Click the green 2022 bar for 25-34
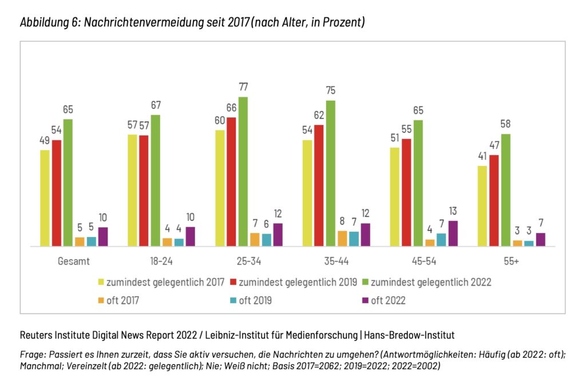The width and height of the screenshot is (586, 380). [x=243, y=172]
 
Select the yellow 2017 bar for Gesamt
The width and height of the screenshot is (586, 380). [x=45, y=198]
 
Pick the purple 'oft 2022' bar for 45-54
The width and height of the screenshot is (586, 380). [x=453, y=233]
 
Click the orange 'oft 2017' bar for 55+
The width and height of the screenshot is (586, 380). [x=517, y=243]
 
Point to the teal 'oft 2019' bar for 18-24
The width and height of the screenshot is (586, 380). [x=179, y=242]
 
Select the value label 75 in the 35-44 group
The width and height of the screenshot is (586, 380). [x=331, y=90]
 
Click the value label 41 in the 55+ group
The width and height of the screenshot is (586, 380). [x=482, y=156]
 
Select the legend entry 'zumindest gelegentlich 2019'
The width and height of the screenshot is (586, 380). [x=297, y=282]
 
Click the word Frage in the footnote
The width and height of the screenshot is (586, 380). [x=31, y=354]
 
